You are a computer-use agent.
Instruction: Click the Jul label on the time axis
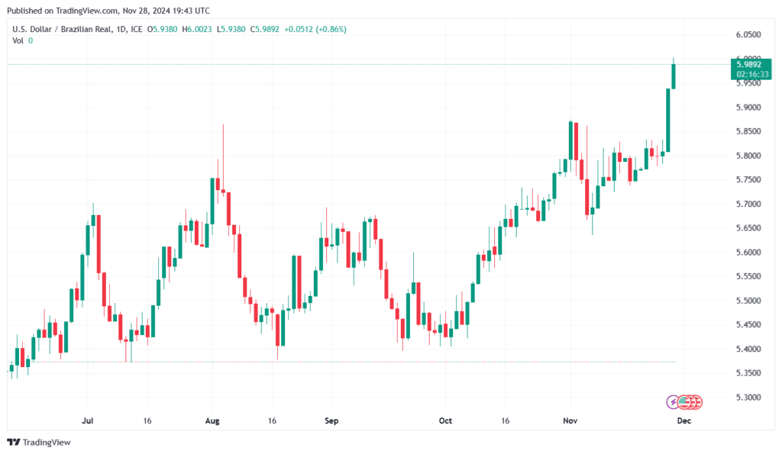tap(87, 420)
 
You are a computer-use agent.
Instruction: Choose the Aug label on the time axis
tap(213, 420)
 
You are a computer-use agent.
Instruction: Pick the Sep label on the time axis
tap(331, 420)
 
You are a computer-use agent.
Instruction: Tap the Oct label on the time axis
tap(446, 420)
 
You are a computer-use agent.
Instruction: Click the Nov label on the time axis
tap(569, 420)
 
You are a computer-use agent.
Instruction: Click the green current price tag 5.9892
tap(748, 65)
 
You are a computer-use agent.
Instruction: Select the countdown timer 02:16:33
tap(748, 74)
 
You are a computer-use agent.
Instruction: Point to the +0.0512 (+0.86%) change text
tap(315, 30)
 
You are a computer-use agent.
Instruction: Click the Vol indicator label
tap(18, 40)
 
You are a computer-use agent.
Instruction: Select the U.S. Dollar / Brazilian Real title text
tap(60, 30)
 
